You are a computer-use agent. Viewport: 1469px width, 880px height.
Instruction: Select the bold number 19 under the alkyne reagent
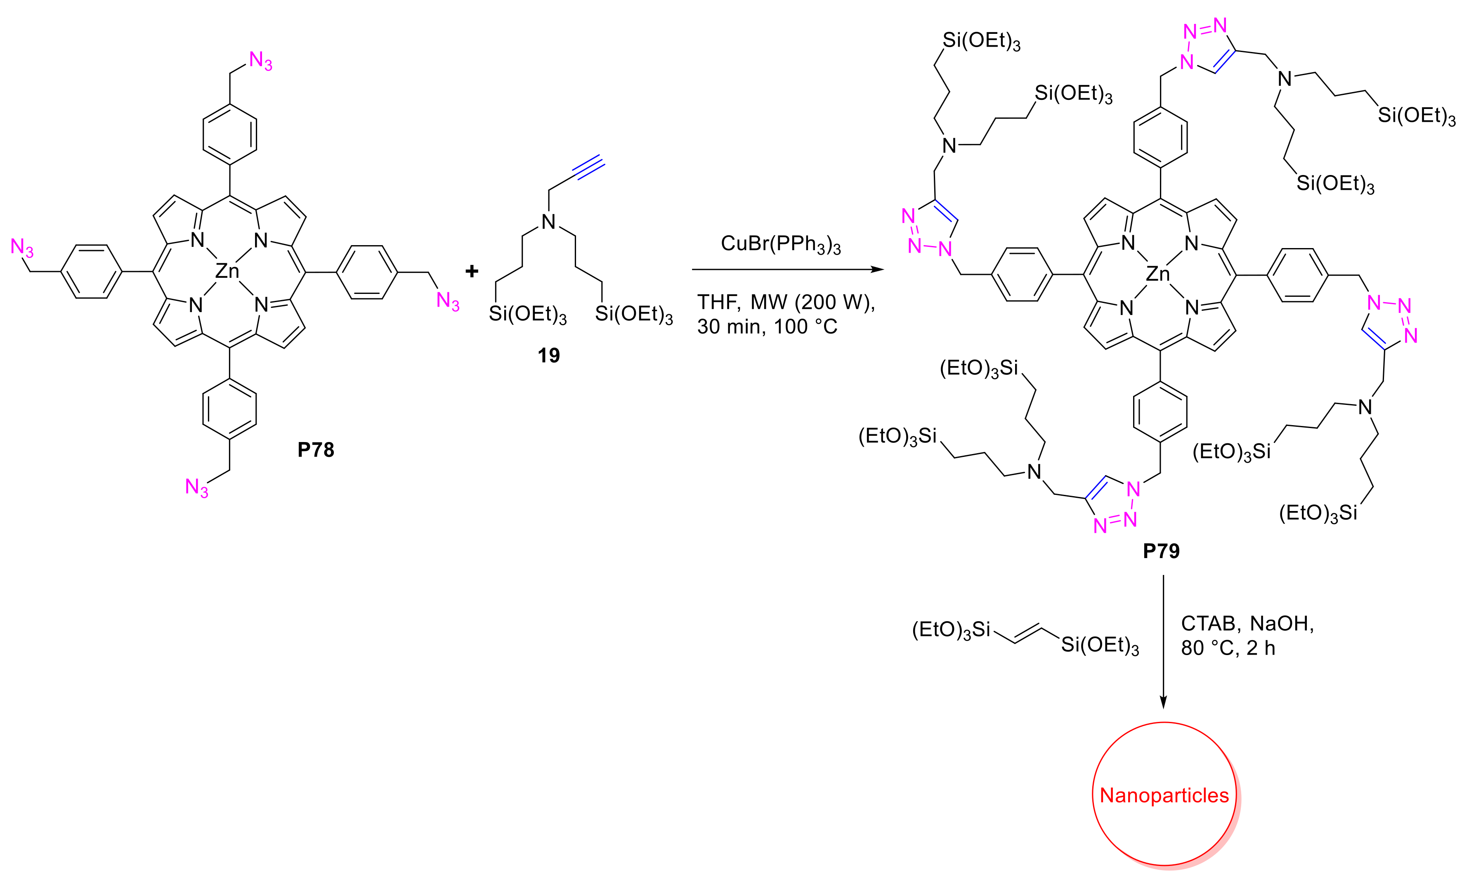548,355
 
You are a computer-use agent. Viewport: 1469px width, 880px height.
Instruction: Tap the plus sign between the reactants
472,272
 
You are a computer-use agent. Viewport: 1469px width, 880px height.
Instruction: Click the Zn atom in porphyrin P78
227,272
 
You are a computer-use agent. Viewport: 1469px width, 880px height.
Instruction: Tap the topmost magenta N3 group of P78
260,61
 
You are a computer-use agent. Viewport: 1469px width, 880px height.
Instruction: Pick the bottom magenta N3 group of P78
197,488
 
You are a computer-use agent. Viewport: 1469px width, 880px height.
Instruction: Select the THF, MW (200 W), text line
786,303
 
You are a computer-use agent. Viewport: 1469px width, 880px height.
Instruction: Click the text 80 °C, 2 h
1228,648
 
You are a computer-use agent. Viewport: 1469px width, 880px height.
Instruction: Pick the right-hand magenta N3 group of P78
448,301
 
